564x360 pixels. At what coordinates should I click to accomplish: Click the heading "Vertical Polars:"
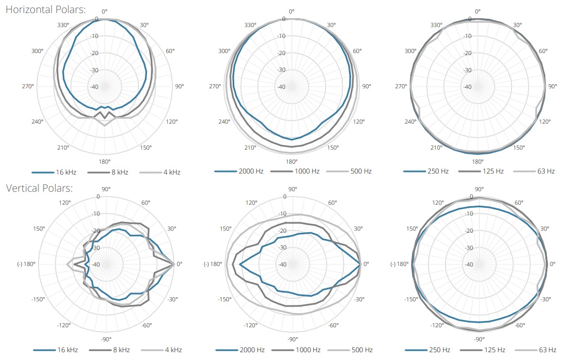point(39,188)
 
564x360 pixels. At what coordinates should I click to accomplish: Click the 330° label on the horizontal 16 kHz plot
point(64,24)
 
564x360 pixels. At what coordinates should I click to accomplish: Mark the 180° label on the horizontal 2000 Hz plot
point(291,162)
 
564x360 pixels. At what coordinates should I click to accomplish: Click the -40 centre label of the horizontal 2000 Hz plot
point(282,87)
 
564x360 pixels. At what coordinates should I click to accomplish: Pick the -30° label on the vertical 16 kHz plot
point(172,299)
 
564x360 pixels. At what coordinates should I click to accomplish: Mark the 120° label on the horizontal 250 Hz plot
point(545,122)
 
